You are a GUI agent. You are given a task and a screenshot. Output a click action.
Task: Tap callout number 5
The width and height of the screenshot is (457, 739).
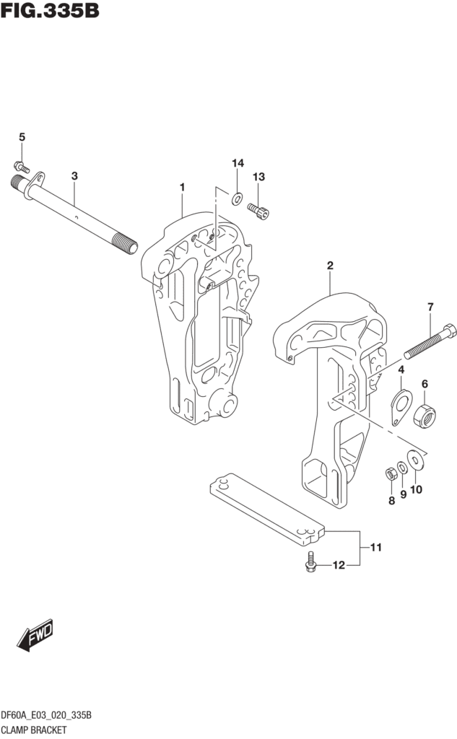coord(22,137)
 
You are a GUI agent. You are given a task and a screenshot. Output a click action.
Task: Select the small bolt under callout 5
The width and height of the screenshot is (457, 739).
coord(22,165)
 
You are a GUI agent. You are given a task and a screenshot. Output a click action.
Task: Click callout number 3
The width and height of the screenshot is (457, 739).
coord(74,175)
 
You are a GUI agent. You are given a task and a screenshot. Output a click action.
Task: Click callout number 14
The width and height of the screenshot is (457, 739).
coord(238,162)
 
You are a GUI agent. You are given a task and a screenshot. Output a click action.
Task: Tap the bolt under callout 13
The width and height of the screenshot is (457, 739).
coord(259,210)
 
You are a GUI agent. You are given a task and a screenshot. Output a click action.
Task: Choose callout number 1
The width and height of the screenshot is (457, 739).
coord(182,188)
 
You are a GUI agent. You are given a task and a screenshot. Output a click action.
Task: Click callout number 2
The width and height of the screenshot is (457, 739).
coord(330,266)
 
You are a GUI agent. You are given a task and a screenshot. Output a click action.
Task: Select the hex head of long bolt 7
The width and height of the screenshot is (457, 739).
coord(448,331)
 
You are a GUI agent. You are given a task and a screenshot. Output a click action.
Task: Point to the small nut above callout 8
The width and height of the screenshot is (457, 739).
coord(388,473)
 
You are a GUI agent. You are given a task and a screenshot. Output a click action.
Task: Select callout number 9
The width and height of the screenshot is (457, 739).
coord(404,494)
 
